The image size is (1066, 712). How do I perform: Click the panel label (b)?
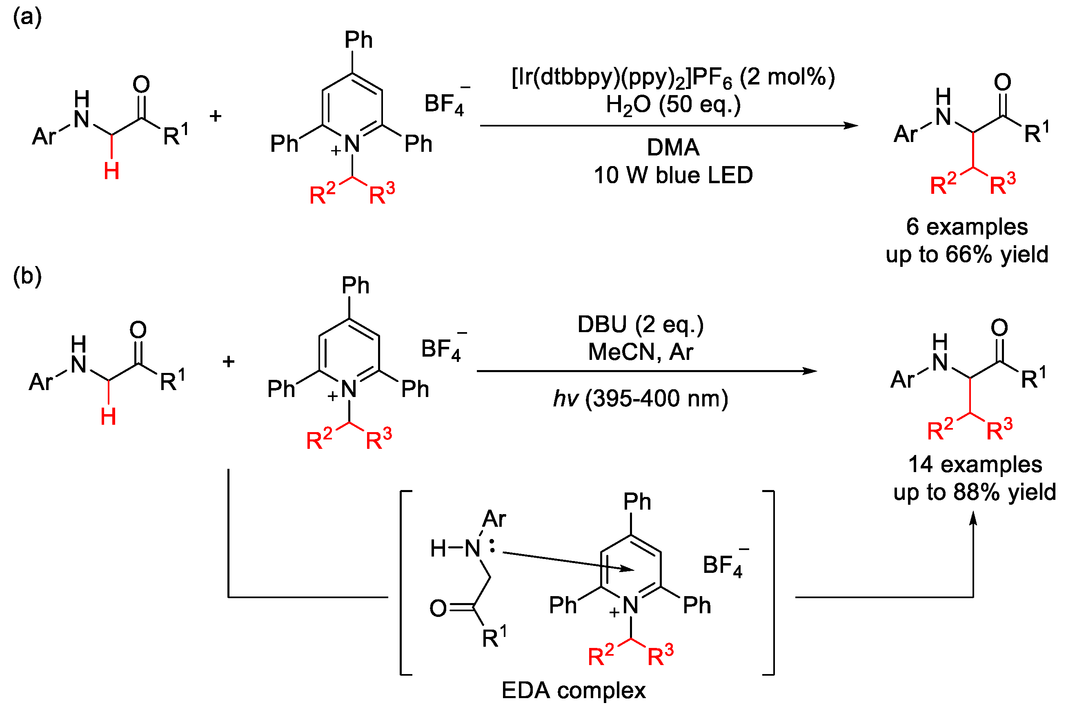(x=27, y=276)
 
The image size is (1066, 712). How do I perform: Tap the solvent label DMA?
(x=673, y=148)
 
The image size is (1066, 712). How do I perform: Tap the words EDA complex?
(x=574, y=691)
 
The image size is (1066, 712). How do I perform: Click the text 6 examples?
(x=967, y=226)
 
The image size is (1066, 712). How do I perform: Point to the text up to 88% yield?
(x=975, y=492)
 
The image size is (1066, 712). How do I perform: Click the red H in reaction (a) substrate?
(x=111, y=172)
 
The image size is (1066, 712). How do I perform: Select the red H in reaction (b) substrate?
(x=108, y=417)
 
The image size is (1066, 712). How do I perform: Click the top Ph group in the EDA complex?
(x=637, y=502)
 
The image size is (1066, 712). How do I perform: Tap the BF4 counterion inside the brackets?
(x=723, y=566)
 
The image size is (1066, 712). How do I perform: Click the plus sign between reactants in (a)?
(x=216, y=116)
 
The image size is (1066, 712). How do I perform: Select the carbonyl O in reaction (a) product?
(x=1002, y=82)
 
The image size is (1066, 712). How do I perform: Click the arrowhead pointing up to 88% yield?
(x=973, y=519)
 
